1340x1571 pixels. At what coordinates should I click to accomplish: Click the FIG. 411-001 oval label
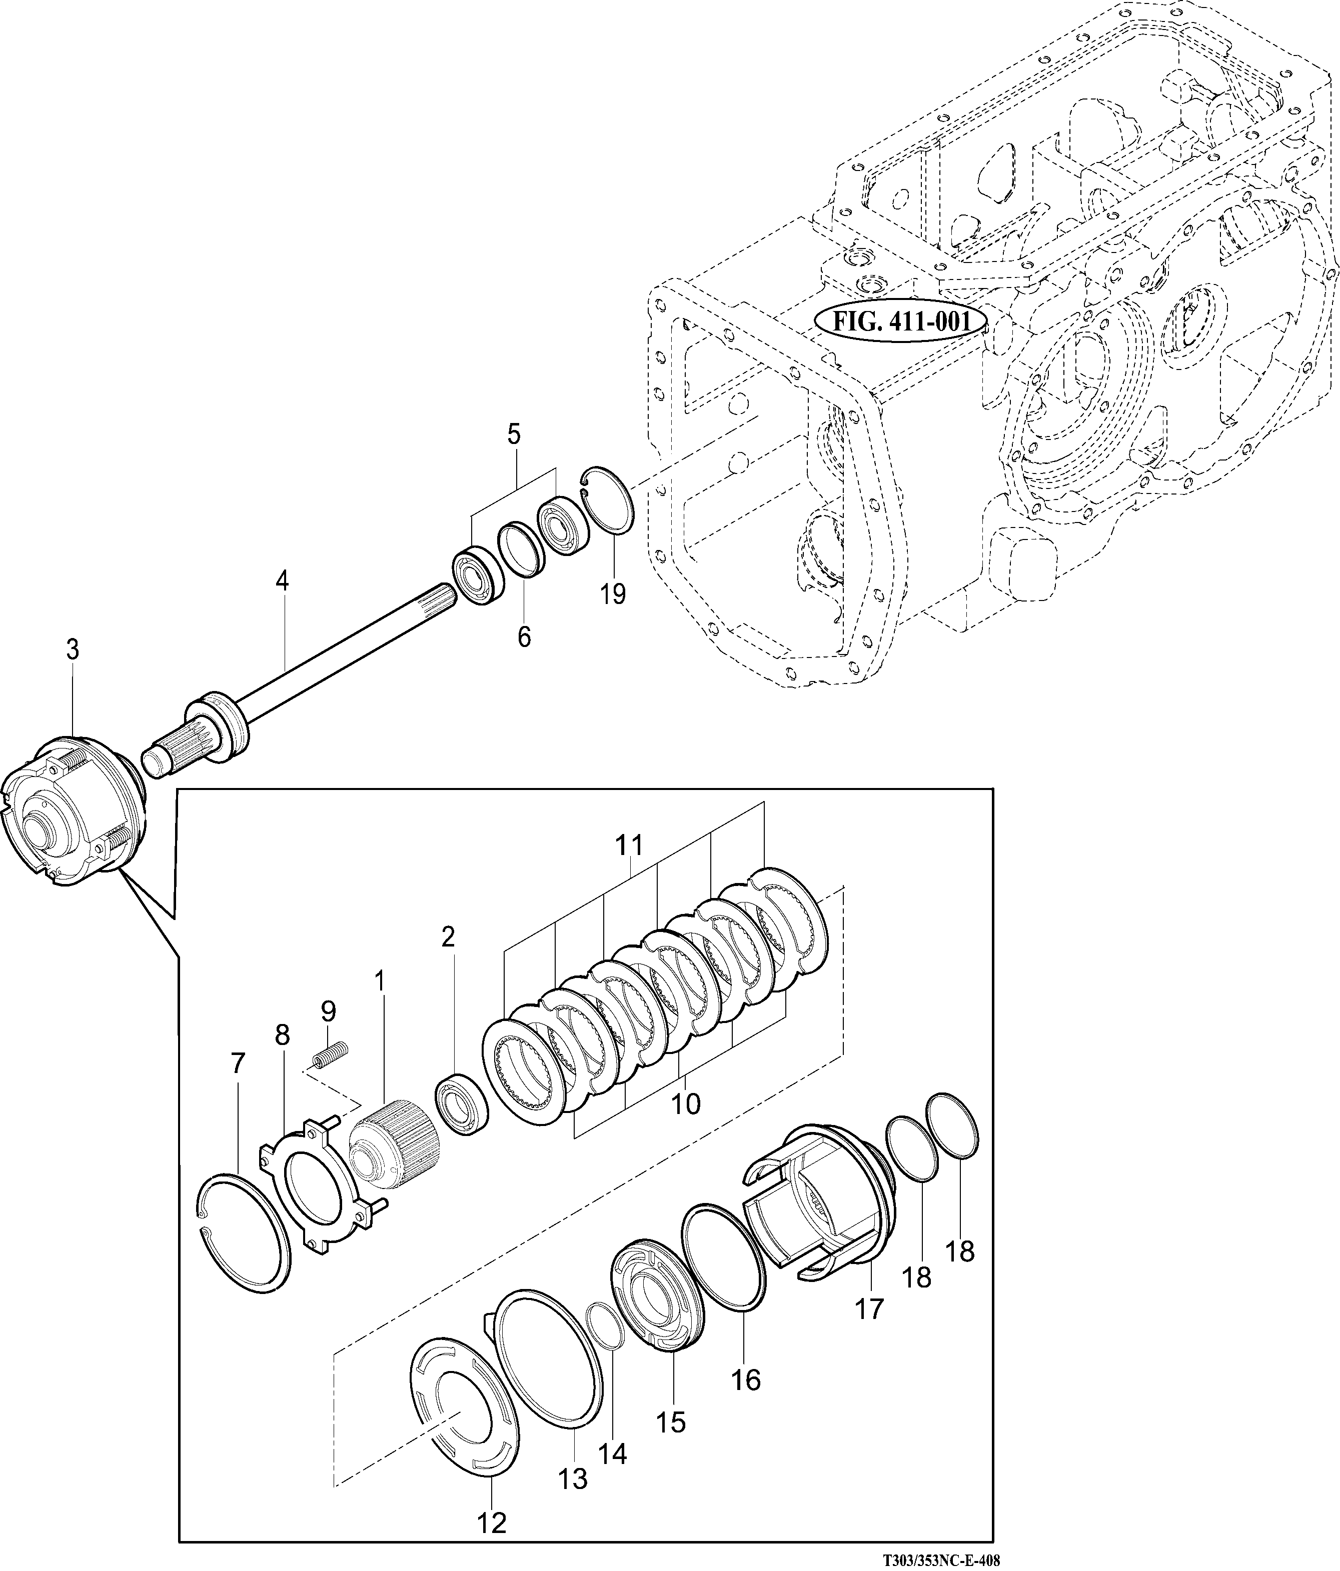900,321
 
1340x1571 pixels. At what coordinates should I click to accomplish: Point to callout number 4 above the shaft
282,581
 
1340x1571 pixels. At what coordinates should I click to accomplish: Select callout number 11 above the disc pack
629,844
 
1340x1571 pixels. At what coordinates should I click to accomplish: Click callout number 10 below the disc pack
686,1104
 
